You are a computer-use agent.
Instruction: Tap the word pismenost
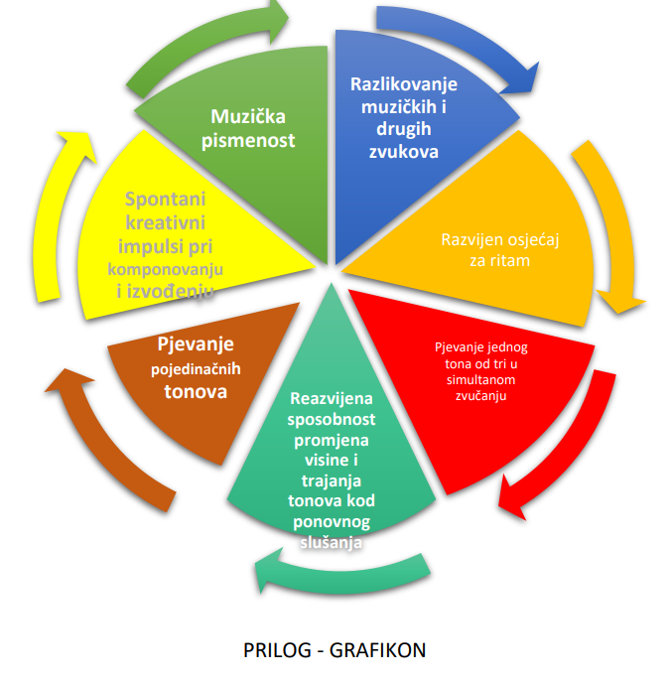(x=249, y=140)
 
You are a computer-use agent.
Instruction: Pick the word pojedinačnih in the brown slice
(x=196, y=368)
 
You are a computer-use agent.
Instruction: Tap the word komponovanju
(x=166, y=269)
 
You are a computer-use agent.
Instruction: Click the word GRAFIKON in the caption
(x=383, y=651)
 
